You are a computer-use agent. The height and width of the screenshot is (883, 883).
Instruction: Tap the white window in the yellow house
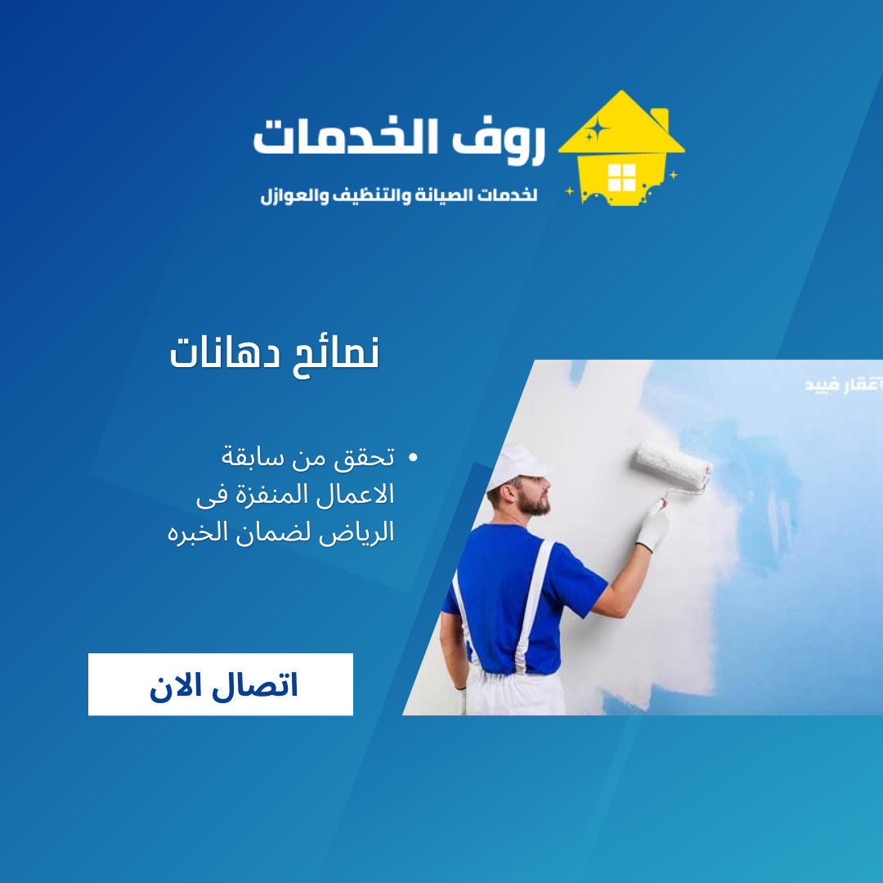point(621,177)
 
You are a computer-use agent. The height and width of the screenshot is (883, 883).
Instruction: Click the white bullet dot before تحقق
point(412,458)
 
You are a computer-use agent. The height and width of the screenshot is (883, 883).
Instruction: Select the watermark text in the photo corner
point(842,383)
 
